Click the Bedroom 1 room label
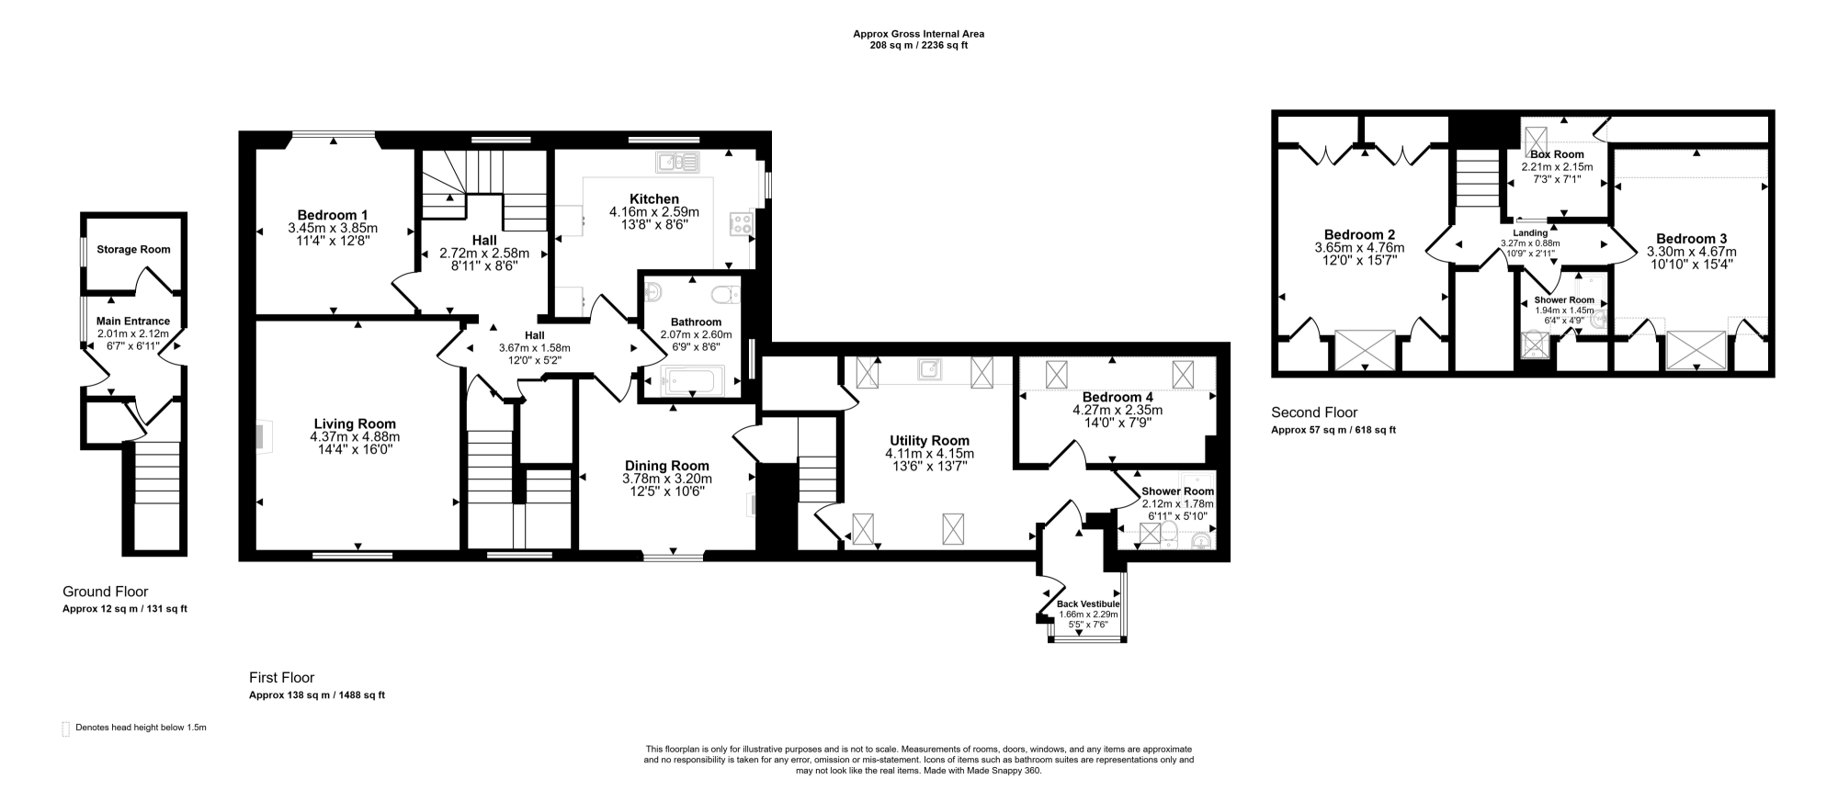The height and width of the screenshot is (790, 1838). pyautogui.click(x=333, y=215)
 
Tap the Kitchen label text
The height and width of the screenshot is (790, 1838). pyautogui.click(x=653, y=198)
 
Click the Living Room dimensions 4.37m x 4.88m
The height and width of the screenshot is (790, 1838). pyautogui.click(x=355, y=437)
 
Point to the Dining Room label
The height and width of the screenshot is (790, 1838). pyautogui.click(x=667, y=466)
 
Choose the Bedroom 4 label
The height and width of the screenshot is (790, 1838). pyautogui.click(x=1117, y=398)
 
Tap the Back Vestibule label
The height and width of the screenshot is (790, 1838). pyautogui.click(x=1088, y=604)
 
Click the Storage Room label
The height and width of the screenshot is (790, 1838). pyautogui.click(x=133, y=249)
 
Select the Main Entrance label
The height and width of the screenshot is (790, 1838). pyautogui.click(x=133, y=321)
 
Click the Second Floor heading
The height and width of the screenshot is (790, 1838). pyautogui.click(x=1314, y=412)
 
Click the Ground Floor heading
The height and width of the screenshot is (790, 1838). pyautogui.click(x=105, y=592)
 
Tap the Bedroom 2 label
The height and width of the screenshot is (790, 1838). pyautogui.click(x=1359, y=234)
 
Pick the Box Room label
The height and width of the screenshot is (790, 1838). pyautogui.click(x=1557, y=154)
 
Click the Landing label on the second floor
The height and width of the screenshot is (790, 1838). pyautogui.click(x=1531, y=233)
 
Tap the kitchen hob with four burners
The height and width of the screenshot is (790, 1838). pyautogui.click(x=741, y=224)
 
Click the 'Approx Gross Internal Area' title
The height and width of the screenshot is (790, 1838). pyautogui.click(x=919, y=34)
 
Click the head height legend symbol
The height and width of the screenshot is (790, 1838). pyautogui.click(x=65, y=729)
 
